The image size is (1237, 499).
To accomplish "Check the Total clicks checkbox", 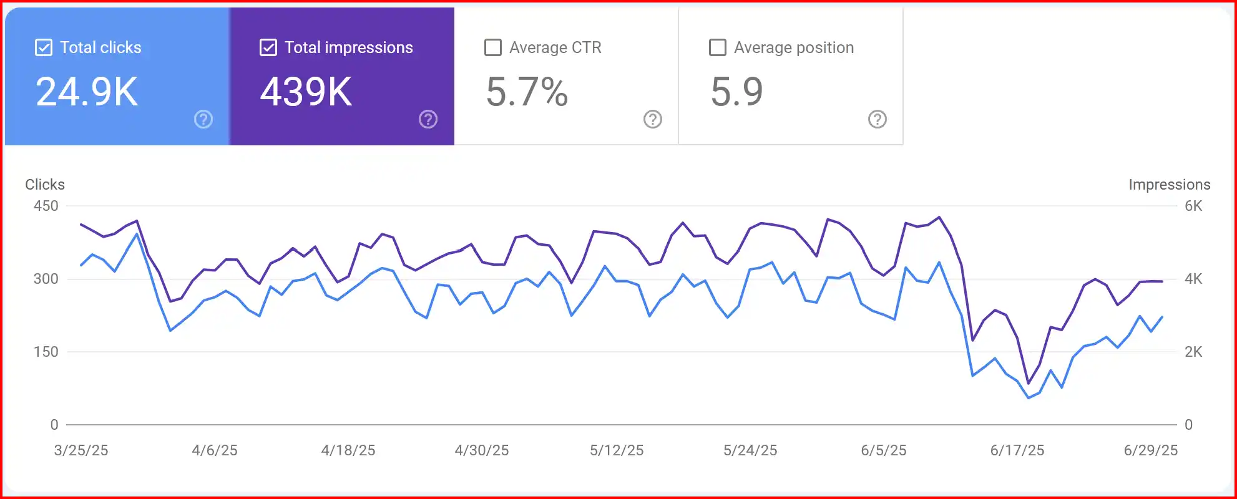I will pos(44,47).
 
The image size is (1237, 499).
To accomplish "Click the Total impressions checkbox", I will pos(268,47).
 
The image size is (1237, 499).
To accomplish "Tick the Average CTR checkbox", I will pos(493,47).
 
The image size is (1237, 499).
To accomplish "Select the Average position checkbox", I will pos(718,47).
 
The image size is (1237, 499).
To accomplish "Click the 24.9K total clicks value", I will pos(87,92).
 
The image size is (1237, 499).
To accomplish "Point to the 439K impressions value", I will pos(306,92).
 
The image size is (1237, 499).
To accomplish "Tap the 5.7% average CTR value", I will pos(527,92).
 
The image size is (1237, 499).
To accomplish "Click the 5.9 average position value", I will pos(736,92).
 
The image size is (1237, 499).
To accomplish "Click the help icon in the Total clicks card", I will pos(203,119).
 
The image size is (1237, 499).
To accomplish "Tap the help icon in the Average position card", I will pos(878,119).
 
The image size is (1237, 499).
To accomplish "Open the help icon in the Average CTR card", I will pos(653,119).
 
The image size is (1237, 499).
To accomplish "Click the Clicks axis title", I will pos(45,185).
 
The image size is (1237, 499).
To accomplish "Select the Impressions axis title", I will pos(1169,185).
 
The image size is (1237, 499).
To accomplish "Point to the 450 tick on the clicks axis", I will pos(46,206).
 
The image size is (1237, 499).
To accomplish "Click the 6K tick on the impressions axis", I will pos(1193,206).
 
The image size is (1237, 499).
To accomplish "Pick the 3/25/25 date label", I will pos(81,450).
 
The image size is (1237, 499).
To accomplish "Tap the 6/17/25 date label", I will pos(1017,450).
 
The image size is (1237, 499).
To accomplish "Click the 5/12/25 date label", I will pos(617,450).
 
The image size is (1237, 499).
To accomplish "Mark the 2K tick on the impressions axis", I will pos(1193,352).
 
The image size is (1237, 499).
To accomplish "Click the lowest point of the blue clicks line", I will pos(1029,398).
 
